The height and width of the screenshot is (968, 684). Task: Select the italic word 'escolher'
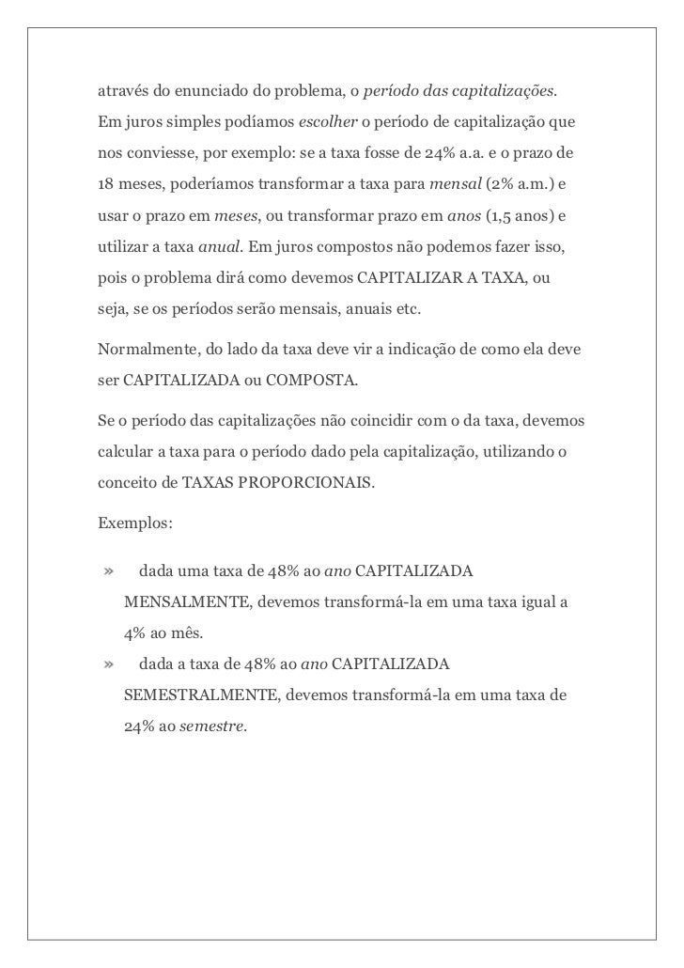coord(323,123)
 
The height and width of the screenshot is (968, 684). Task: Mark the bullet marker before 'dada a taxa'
coord(109,665)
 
